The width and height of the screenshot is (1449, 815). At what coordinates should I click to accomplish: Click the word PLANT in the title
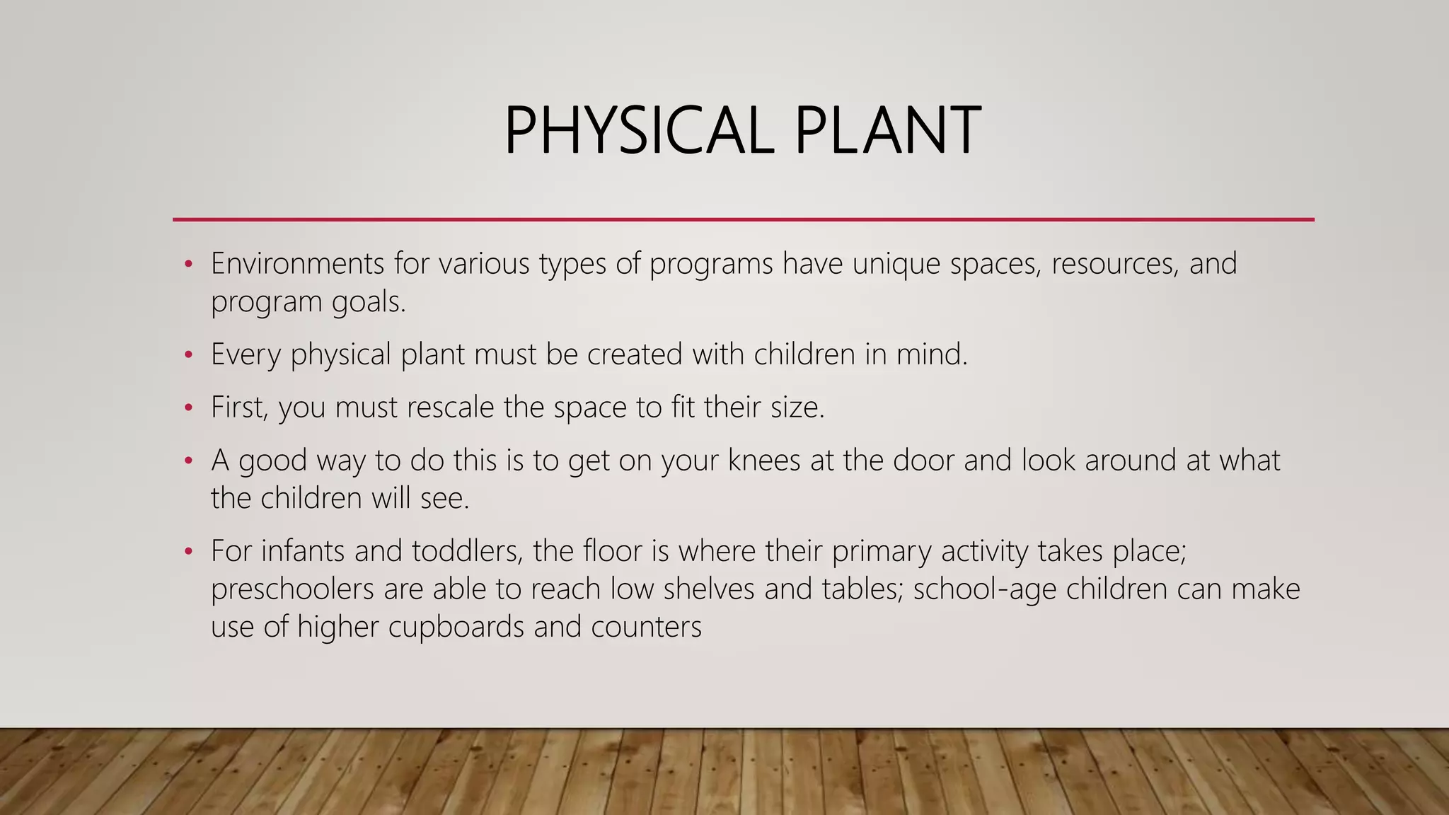tap(887, 131)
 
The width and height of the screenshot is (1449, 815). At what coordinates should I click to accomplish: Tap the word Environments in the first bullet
tap(298, 264)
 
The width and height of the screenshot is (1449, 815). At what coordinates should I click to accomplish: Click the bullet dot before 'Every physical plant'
tap(188, 354)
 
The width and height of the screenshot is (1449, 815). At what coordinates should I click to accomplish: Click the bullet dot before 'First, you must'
tap(188, 407)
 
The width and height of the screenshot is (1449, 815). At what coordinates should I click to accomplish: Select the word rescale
tap(450, 407)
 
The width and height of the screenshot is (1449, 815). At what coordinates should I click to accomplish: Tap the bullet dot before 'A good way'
tap(188, 461)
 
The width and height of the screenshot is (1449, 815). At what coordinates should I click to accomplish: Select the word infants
tap(303, 551)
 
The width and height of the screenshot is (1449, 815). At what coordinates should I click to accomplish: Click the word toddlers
tap(467, 551)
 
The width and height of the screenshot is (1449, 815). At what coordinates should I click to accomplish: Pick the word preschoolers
tap(292, 589)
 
